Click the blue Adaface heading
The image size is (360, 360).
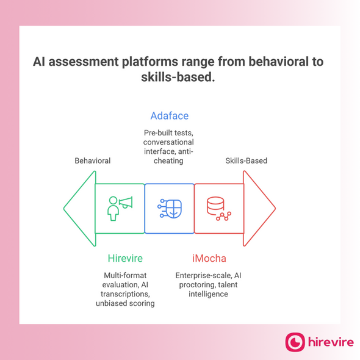170,116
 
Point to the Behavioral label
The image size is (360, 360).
92,161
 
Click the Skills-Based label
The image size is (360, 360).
247,161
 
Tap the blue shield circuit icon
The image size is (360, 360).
169,208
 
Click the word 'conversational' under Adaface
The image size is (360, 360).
169,143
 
